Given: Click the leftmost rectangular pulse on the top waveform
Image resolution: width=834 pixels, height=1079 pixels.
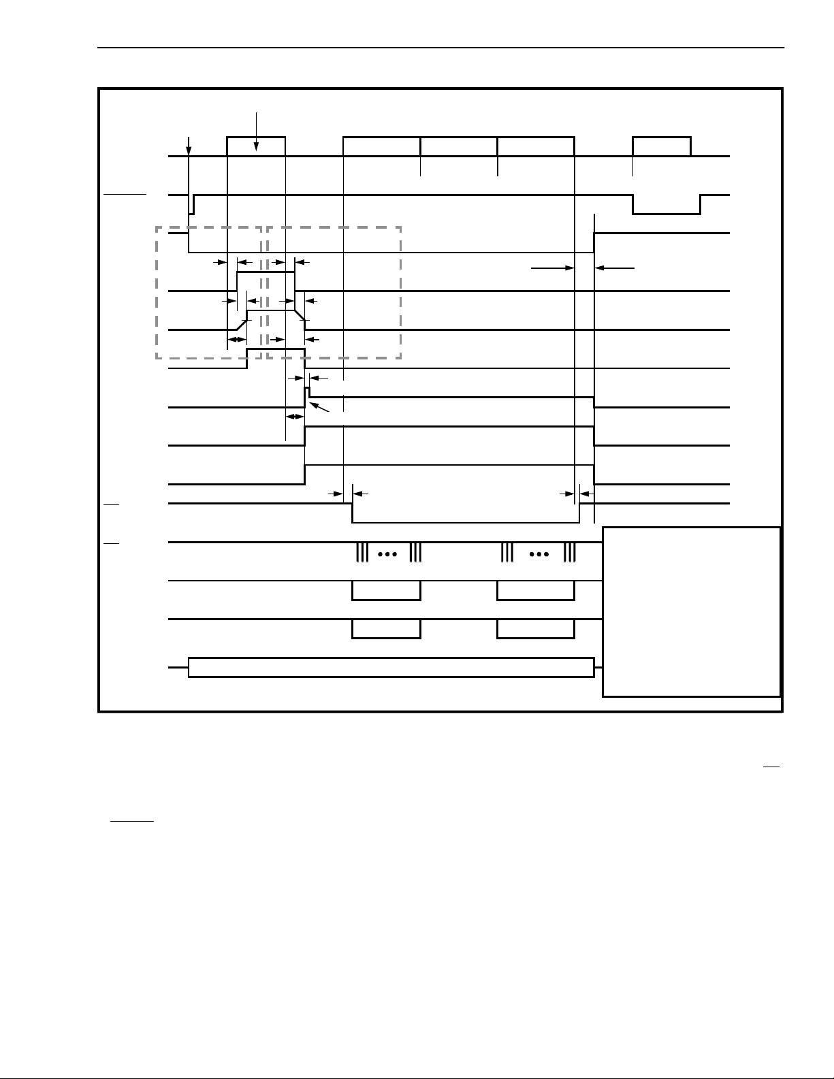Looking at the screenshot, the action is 255,146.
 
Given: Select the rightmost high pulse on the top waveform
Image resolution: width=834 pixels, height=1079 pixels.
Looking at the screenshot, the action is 661,146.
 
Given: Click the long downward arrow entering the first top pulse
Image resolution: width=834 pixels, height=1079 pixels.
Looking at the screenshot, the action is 256,129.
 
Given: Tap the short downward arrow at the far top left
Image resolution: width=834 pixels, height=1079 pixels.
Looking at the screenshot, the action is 189,146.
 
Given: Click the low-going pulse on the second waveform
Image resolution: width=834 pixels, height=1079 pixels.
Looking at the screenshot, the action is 666,205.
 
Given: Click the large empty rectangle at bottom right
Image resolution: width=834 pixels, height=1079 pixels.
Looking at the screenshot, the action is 691,611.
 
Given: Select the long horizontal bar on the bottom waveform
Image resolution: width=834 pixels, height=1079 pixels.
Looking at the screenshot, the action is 391,667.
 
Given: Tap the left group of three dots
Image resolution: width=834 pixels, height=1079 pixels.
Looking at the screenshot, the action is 387,554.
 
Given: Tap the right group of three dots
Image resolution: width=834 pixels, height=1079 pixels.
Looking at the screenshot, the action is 539,554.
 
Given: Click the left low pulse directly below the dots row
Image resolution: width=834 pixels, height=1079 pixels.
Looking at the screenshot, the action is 386,591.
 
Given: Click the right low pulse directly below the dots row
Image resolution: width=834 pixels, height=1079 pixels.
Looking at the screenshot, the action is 536,591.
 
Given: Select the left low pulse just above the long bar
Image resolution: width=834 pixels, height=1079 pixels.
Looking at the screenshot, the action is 386,629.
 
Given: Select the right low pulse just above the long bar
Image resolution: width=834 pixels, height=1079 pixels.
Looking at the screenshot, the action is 536,629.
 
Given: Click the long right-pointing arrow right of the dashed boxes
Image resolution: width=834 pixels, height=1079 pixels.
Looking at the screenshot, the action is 553,268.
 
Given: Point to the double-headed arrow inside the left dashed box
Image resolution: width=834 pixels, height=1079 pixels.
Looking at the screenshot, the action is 236,339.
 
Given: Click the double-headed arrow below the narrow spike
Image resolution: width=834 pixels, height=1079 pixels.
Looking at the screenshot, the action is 295,417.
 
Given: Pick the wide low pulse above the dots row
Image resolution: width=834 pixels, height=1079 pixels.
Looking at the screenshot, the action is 465,513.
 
